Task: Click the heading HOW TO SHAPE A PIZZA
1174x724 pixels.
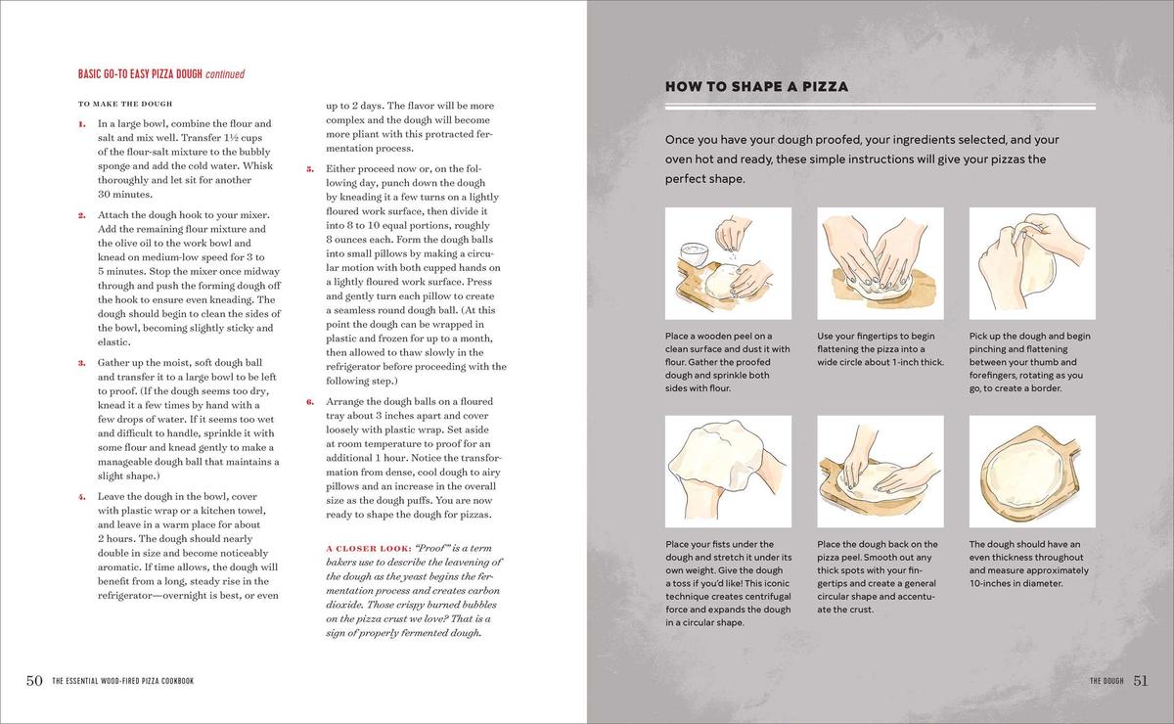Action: tap(756, 87)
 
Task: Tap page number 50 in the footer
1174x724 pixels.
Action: tap(34, 681)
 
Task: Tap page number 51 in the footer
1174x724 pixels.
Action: tap(1141, 681)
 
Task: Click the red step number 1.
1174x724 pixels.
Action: tap(82, 124)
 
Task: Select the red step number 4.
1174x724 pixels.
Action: tap(82, 496)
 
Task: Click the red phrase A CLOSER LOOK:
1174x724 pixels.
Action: tap(368, 549)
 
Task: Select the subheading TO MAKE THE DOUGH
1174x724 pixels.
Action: tap(125, 104)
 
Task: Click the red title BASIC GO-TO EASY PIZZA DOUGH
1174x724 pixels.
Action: tap(140, 74)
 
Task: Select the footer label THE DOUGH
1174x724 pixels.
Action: tap(1106, 681)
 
